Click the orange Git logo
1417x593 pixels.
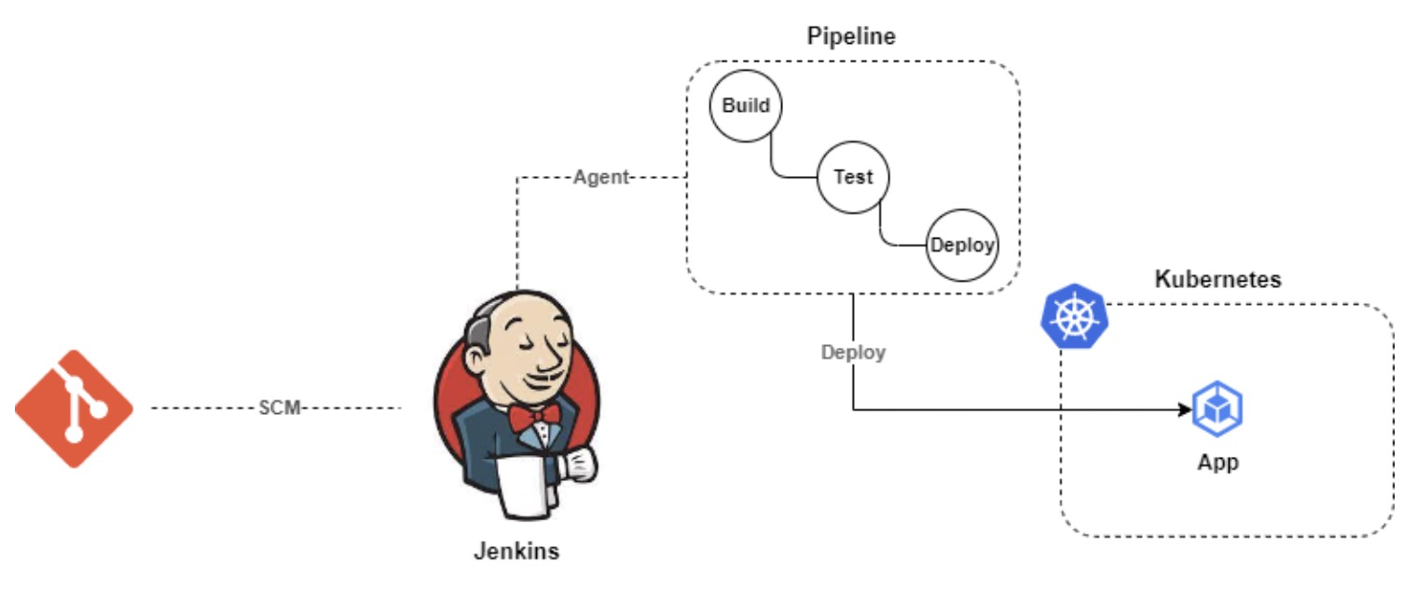pos(74,408)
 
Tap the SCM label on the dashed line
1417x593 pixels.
pos(280,408)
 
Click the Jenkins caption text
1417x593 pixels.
pos(516,550)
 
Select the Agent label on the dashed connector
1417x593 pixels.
pos(601,177)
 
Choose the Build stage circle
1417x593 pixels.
pos(746,105)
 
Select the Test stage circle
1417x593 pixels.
pos(853,176)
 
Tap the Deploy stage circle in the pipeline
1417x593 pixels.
pos(962,246)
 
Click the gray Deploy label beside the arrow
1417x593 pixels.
pos(853,352)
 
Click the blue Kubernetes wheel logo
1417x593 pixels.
pos(1072,317)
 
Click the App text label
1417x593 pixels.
pos(1218,462)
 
